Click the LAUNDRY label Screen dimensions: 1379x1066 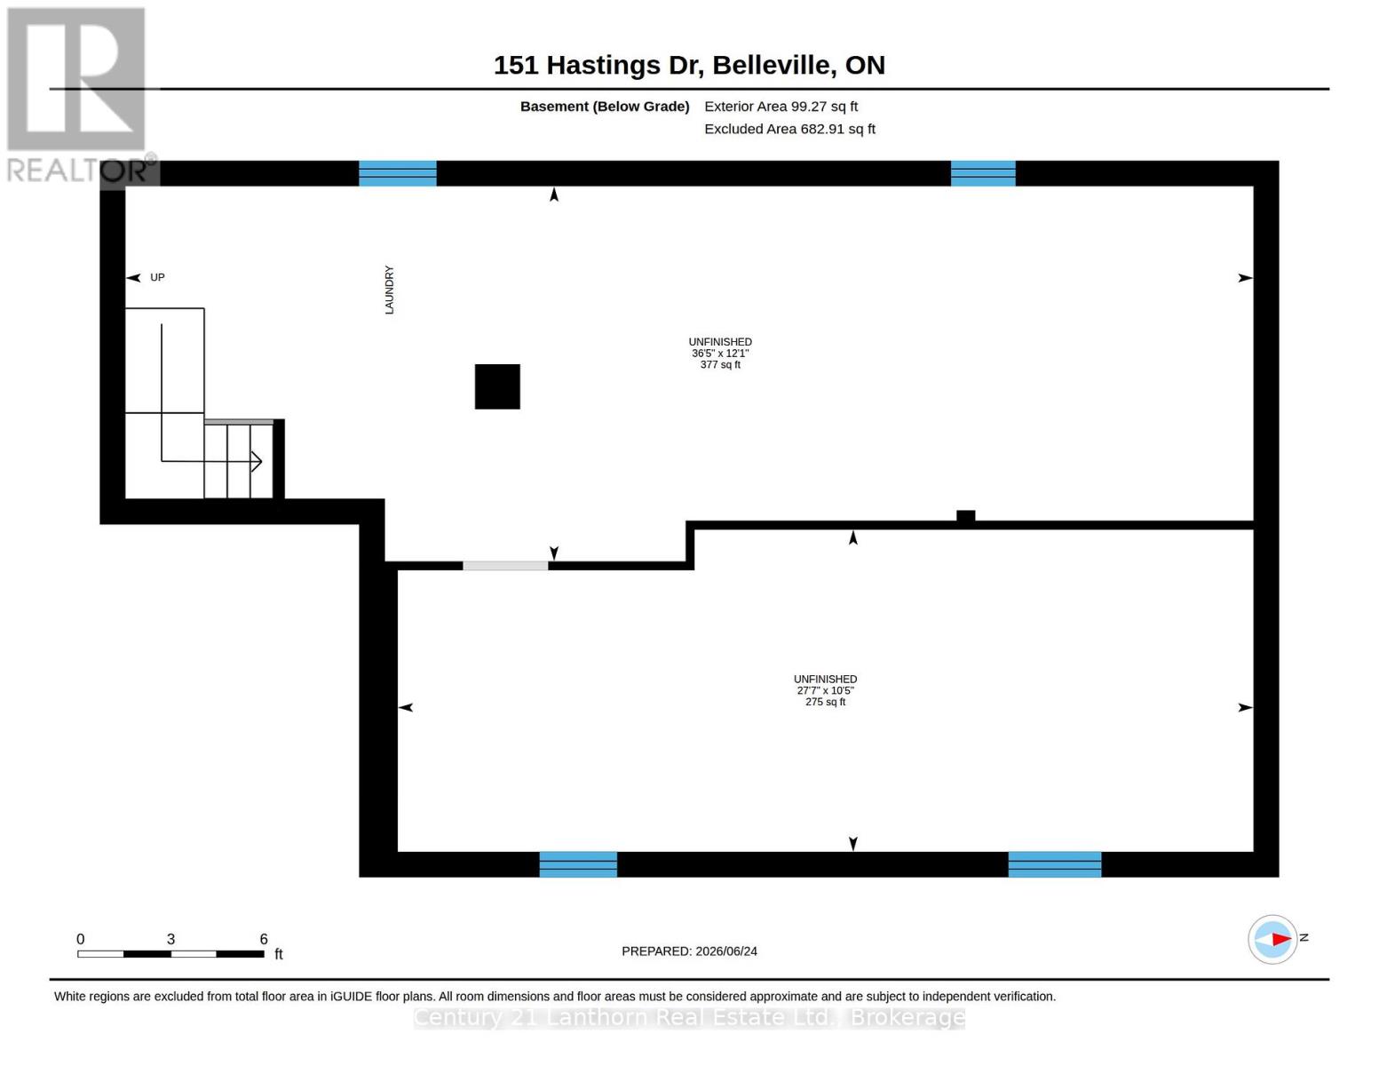(x=389, y=290)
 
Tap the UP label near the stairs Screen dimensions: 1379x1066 (x=157, y=277)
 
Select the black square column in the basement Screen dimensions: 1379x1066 (x=497, y=386)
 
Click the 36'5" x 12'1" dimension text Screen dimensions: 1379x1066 (x=720, y=353)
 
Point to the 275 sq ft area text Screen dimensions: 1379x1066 (x=825, y=702)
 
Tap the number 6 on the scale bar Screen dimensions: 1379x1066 (x=264, y=938)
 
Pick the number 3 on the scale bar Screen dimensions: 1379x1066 (x=170, y=938)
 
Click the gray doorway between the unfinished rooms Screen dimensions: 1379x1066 (x=505, y=566)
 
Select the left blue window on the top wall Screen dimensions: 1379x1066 (x=398, y=173)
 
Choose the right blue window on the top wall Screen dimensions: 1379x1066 (x=983, y=173)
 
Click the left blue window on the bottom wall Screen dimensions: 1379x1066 (x=578, y=864)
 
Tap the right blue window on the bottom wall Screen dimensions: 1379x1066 (x=1055, y=864)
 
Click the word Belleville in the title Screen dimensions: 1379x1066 (x=771, y=65)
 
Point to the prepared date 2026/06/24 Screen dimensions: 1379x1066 (x=726, y=951)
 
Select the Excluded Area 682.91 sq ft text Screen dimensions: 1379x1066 (x=789, y=129)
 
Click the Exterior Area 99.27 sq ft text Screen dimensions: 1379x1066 (x=781, y=107)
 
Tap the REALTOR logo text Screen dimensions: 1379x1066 (x=77, y=171)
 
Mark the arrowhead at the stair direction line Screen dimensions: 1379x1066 (x=257, y=461)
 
